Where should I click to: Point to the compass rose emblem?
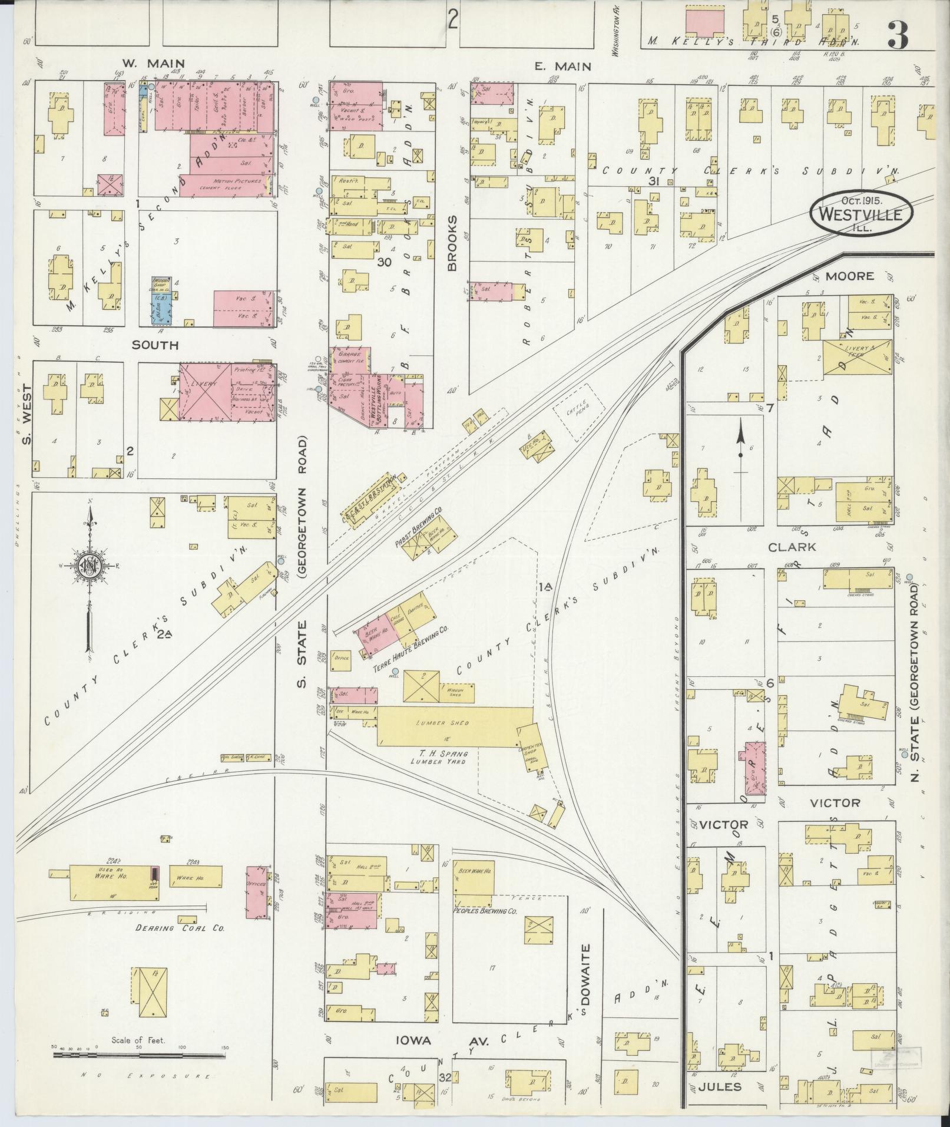point(90,566)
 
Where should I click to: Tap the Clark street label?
point(792,547)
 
